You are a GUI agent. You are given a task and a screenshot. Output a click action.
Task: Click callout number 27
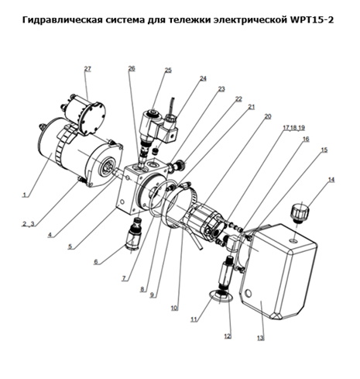point(87,69)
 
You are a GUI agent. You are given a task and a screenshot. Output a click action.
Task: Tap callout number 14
point(331,180)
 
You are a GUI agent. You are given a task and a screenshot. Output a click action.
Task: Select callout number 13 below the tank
point(261,338)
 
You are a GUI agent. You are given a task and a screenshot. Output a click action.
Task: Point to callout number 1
point(25,195)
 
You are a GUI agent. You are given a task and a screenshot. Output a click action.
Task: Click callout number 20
point(268,116)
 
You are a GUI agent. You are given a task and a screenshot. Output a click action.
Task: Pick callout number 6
point(96,262)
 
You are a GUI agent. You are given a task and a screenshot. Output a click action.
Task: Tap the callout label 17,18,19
point(294,128)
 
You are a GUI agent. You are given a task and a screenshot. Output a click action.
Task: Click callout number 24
point(203,78)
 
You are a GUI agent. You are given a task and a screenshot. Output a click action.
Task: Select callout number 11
point(194,319)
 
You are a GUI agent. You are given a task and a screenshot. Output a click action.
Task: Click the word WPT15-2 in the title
point(310,19)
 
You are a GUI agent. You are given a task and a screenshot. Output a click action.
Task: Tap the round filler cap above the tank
point(300,213)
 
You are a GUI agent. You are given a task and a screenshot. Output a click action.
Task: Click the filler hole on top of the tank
point(294,241)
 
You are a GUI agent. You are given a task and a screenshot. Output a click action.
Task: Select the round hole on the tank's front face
point(248,293)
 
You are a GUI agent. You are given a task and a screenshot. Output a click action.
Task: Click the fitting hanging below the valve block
point(134,233)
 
